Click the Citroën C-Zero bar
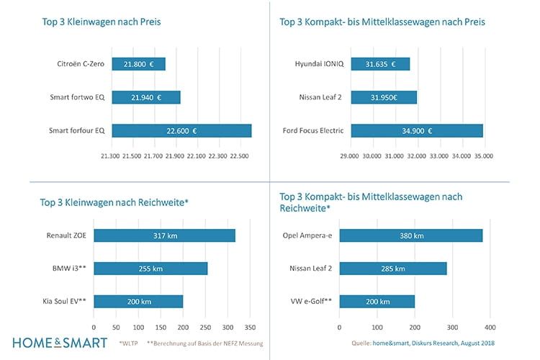[x=138, y=64]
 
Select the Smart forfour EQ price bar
[x=181, y=130]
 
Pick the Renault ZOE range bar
[x=165, y=235]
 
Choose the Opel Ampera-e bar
[x=410, y=235]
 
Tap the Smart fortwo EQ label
[x=78, y=97]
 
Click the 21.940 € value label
[x=146, y=97]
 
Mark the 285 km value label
[x=392, y=268]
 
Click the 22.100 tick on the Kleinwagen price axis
[x=195, y=156]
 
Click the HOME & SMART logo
[x=60, y=343]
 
